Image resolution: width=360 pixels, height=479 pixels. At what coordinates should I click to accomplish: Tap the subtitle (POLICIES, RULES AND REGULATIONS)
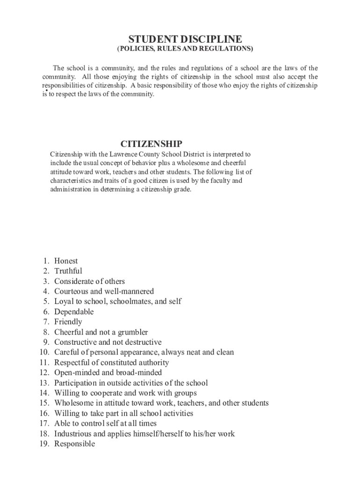tap(185, 49)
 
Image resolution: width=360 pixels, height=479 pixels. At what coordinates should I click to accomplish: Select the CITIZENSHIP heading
tap(151, 144)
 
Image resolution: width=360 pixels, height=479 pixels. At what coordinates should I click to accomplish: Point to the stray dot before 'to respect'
tap(47, 90)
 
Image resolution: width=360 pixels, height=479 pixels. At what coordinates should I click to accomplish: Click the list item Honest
tap(66, 261)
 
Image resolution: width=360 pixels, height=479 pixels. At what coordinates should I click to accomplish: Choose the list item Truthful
tap(68, 271)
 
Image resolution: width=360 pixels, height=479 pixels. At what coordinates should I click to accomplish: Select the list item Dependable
tap(74, 312)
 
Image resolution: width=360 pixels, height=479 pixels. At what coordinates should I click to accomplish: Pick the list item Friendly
tap(68, 322)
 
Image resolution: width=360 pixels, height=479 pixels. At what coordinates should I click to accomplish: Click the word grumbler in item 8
tap(131, 332)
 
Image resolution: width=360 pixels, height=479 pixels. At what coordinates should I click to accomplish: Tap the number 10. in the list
tap(44, 352)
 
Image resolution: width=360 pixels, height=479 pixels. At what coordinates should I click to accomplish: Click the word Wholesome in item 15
tap(76, 403)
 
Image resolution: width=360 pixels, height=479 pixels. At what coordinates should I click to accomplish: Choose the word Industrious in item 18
tap(75, 434)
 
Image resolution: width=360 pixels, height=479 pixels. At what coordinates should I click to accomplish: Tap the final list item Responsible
tap(74, 444)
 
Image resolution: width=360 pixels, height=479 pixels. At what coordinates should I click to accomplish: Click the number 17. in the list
tap(44, 424)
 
